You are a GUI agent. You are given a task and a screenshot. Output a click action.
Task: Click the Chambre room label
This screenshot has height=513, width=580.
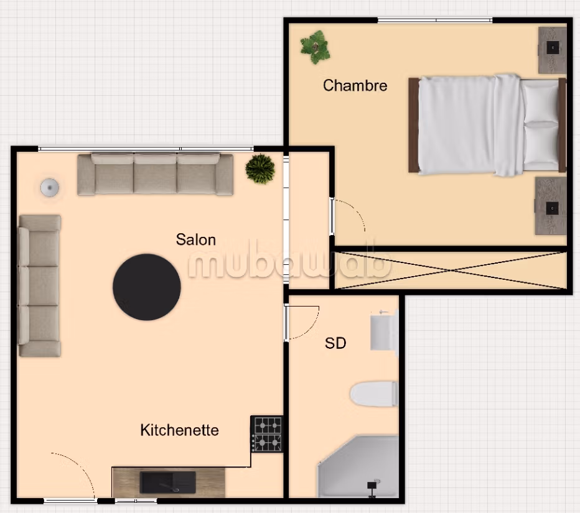(x=355, y=85)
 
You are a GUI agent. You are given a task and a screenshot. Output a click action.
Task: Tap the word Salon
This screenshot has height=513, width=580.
(x=195, y=239)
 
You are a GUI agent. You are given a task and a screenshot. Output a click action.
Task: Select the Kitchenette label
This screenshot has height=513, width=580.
(x=179, y=430)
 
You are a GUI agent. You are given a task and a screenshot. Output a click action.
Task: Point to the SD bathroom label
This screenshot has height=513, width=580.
(x=335, y=343)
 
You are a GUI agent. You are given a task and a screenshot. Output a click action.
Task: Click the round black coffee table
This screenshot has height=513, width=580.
(x=147, y=287)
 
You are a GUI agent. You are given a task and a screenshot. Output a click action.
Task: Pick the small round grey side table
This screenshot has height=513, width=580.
(x=50, y=187)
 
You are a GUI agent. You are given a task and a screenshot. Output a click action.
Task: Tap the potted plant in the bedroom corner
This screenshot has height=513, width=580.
(x=315, y=47)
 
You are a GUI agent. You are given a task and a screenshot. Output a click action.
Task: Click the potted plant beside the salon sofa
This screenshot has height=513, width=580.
(x=260, y=169)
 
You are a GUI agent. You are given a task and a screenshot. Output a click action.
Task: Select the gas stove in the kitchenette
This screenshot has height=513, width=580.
(x=267, y=434)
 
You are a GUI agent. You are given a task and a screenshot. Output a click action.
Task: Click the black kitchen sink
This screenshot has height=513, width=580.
(x=167, y=483)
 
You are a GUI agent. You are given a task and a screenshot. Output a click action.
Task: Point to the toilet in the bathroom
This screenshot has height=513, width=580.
(x=373, y=394)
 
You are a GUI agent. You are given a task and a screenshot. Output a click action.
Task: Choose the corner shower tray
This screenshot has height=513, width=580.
(x=358, y=466)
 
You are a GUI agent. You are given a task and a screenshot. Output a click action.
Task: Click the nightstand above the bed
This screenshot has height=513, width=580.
(x=552, y=50)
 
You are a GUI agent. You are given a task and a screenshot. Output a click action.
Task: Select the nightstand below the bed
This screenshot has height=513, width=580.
(x=551, y=206)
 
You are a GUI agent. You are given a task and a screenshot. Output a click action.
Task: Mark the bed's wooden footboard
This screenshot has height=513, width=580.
(x=414, y=125)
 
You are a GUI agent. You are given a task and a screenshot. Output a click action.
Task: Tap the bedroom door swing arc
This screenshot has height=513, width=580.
(x=358, y=210)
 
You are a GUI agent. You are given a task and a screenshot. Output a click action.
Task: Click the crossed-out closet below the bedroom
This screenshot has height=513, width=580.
(x=451, y=270)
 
